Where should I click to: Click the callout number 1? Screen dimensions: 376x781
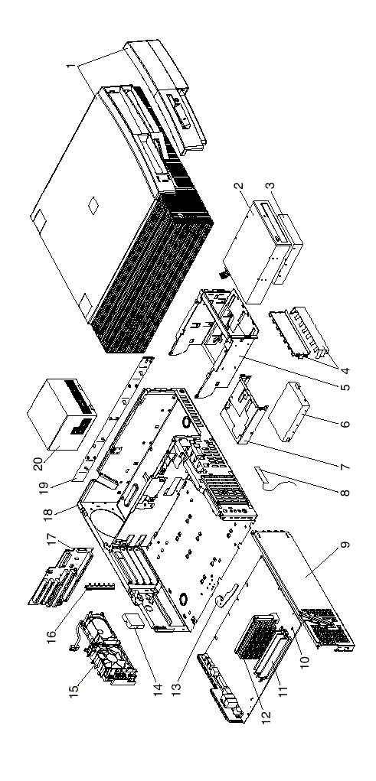[x=70, y=66]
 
